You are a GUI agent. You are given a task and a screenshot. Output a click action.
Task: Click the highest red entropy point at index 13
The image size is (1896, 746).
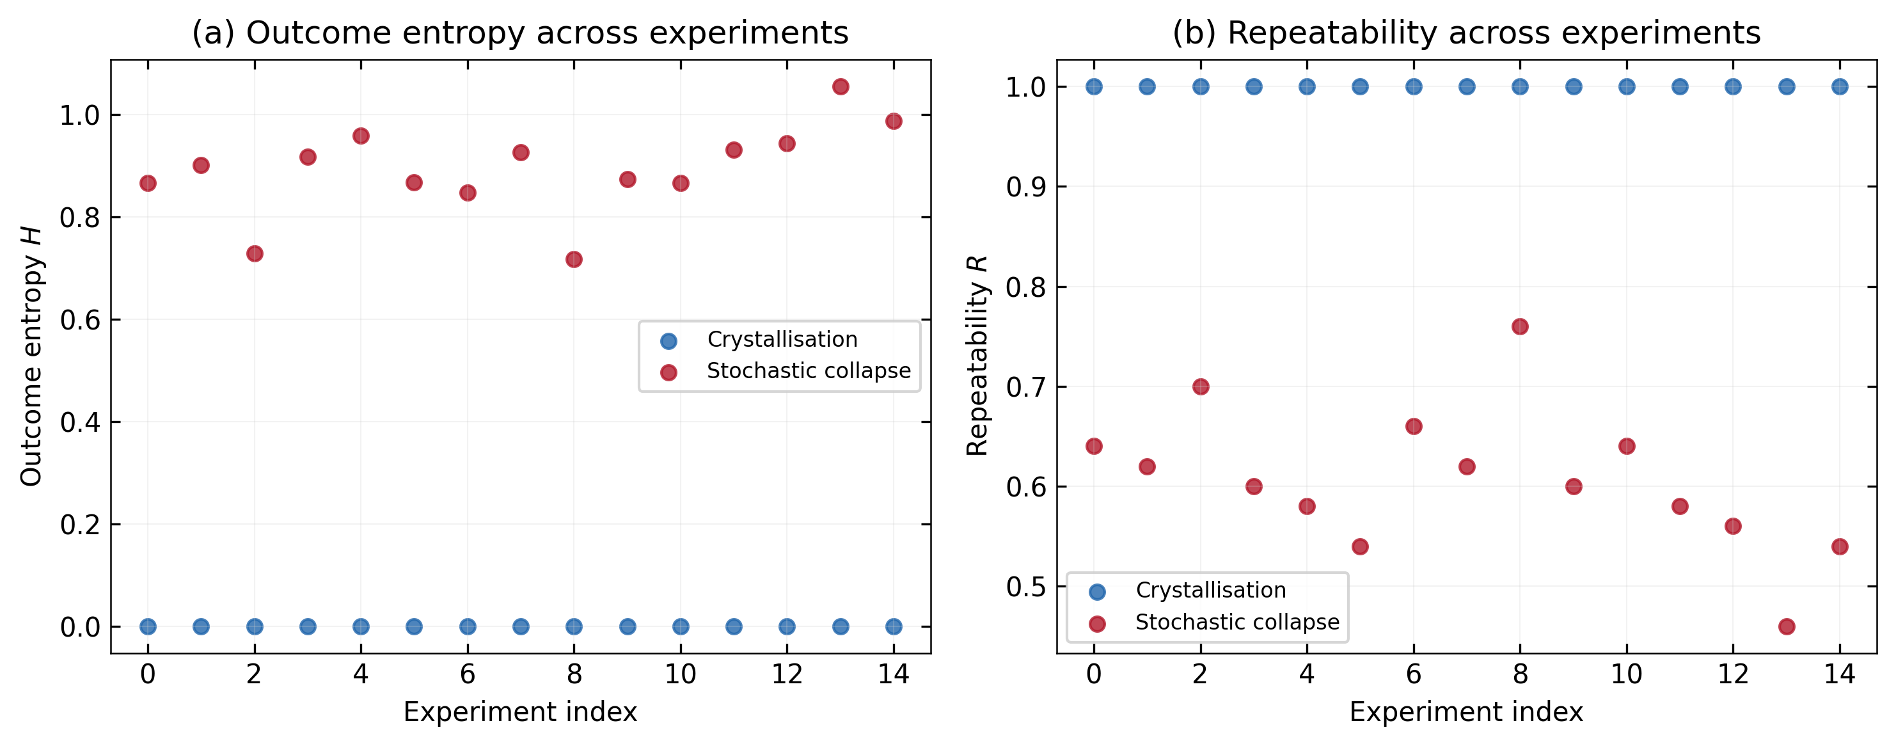(x=840, y=87)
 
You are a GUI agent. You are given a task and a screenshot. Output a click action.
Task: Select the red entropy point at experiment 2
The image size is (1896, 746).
(x=255, y=253)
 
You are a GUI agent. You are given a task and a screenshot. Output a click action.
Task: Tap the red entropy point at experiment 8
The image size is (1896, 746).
(x=574, y=259)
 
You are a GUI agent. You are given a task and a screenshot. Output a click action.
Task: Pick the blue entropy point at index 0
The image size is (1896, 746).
(x=148, y=627)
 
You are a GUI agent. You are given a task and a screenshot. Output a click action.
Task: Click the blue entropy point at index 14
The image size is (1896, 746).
(x=894, y=627)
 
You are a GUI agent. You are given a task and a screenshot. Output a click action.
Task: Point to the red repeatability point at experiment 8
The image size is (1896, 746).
(x=1520, y=326)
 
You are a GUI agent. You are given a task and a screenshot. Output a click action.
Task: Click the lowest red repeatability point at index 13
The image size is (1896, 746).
(x=1787, y=627)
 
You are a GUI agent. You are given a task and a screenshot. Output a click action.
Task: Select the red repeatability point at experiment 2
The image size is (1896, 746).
(x=1201, y=386)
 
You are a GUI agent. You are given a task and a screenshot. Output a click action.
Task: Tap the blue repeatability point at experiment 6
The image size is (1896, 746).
(x=1414, y=87)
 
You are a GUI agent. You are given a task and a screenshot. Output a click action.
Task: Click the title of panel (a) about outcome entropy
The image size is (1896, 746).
(x=519, y=33)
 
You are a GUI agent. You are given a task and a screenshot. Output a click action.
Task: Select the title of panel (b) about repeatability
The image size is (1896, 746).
(x=1466, y=33)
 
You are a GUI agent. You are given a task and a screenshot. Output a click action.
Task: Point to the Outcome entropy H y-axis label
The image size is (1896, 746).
(x=31, y=356)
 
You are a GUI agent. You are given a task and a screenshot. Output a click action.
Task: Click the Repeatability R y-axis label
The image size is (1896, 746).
(x=977, y=356)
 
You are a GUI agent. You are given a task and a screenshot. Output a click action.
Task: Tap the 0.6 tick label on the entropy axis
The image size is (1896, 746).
(x=79, y=321)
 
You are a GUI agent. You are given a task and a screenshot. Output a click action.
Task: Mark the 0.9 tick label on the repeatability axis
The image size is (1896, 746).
(x=1025, y=187)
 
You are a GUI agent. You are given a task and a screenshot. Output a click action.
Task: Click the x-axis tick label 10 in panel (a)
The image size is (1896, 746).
(x=680, y=674)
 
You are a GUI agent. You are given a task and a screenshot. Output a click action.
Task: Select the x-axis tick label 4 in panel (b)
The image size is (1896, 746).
(x=1306, y=674)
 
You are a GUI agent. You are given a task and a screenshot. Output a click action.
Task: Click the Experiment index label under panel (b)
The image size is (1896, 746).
(x=1466, y=712)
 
